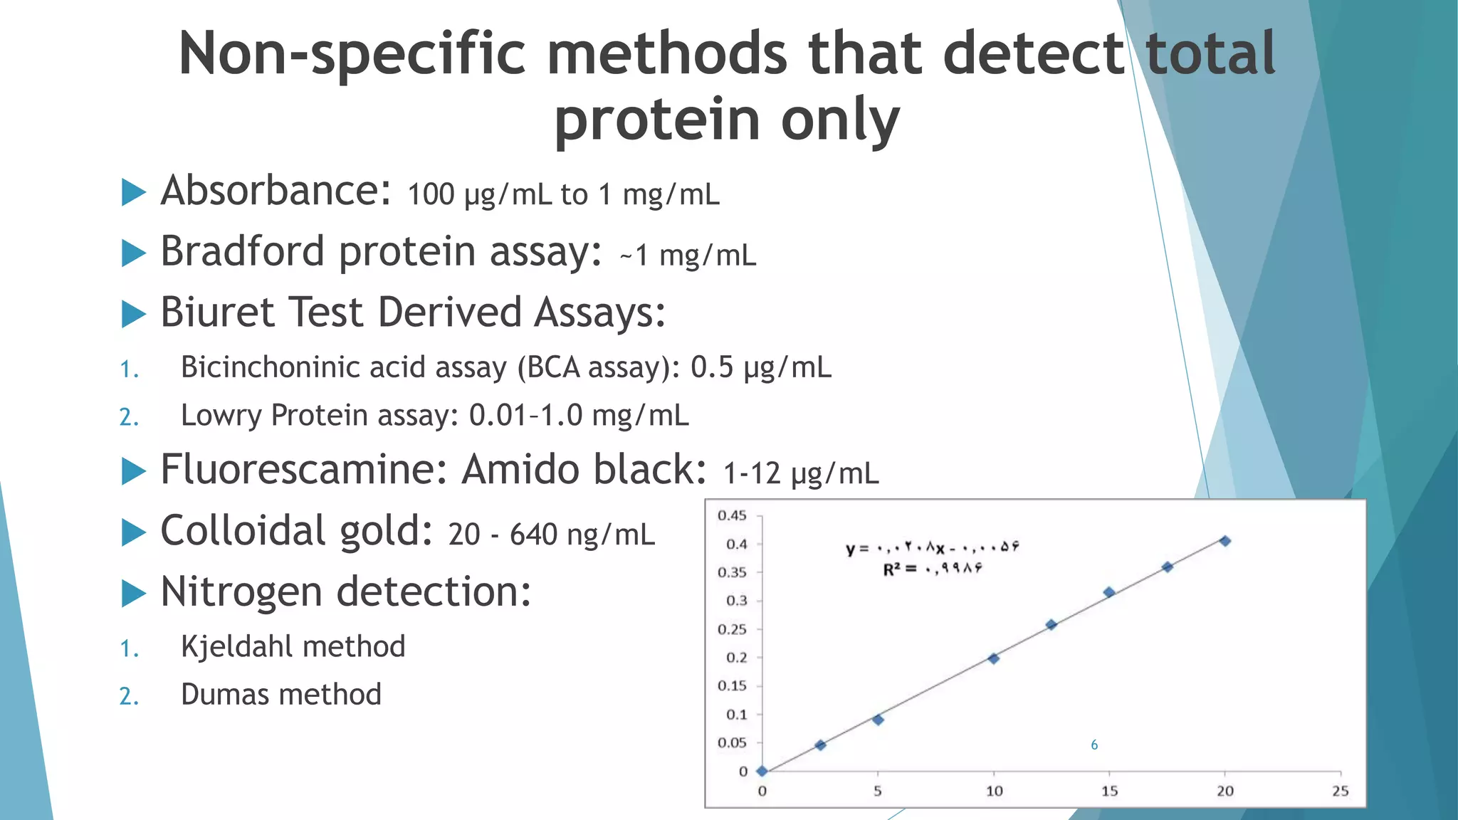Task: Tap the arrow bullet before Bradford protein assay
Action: pos(134,253)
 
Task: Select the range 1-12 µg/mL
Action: pos(801,473)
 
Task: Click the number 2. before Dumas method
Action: pos(129,696)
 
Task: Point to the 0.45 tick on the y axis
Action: pos(732,515)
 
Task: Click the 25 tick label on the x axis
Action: pos(1341,791)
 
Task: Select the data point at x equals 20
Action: pos(1224,541)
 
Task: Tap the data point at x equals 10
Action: pos(994,658)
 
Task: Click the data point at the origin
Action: pos(762,771)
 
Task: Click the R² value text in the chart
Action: pos(933,569)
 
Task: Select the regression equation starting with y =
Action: pos(933,547)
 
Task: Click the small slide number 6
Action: pos(1094,745)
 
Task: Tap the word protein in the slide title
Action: pos(657,120)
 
